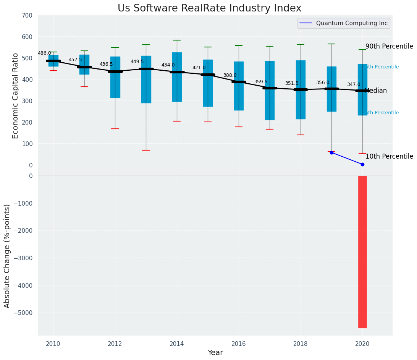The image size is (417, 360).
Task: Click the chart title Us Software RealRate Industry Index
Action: tap(209, 8)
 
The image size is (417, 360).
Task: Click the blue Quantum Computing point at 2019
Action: tap(331, 152)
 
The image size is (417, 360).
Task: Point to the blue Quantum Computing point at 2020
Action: tap(362, 164)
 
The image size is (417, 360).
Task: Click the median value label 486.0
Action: tap(44, 53)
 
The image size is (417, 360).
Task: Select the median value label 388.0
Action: tap(230, 75)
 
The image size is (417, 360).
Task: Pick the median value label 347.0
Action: tap(354, 84)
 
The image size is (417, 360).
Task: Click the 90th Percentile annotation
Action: tap(389, 46)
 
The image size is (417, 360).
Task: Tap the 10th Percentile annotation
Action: tap(389, 156)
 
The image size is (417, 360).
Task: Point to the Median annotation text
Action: tap(376, 91)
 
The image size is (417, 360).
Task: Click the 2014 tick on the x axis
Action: tap(177, 344)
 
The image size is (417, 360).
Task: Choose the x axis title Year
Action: tap(215, 353)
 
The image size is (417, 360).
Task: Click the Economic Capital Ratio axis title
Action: tap(16, 96)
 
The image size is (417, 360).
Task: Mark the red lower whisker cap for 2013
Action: tap(146, 150)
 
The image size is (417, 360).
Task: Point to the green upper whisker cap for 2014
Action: tap(177, 40)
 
